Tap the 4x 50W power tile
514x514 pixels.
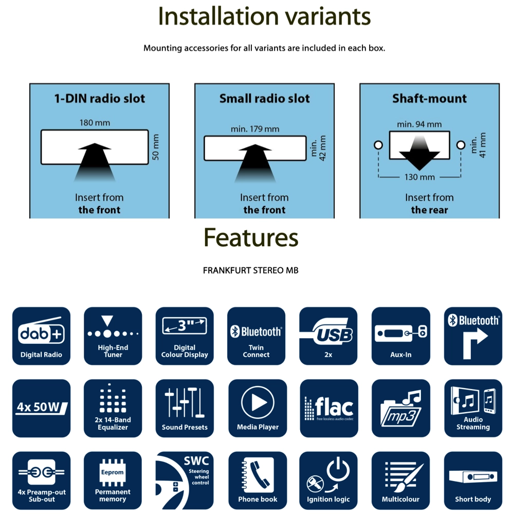click(x=41, y=408)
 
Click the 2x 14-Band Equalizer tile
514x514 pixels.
click(x=113, y=408)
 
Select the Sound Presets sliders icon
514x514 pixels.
click(x=185, y=408)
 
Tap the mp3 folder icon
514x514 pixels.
click(x=400, y=408)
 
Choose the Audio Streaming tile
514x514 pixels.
click(x=473, y=408)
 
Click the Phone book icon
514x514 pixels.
click(x=258, y=480)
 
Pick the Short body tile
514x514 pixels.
click(x=473, y=480)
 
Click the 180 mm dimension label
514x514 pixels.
click(x=95, y=123)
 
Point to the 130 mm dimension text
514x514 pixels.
click(x=419, y=177)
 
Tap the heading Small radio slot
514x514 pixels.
click(x=265, y=99)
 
